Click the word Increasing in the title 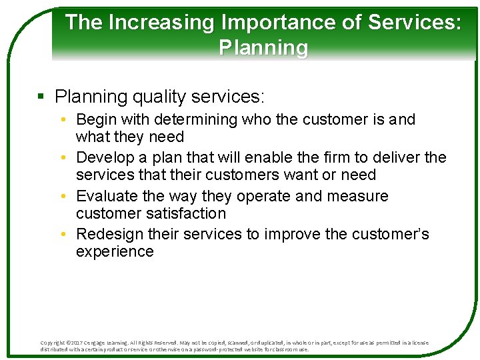coord(161,23)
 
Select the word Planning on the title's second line coord(263,48)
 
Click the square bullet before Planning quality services coord(41,97)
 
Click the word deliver coord(396,158)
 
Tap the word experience coord(115,252)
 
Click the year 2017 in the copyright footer coord(79,343)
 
